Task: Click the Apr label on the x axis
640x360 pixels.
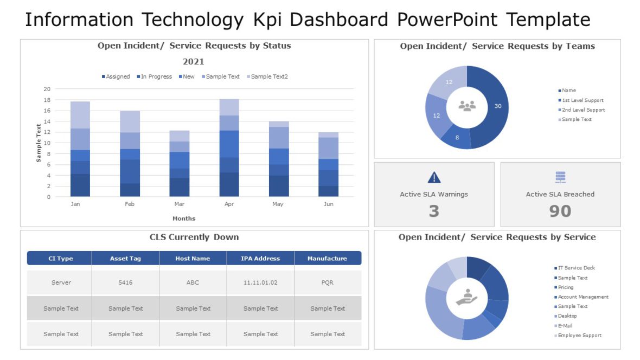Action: click(x=229, y=204)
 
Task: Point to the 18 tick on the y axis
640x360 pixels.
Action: click(x=47, y=100)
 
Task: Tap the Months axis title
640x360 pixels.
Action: click(x=184, y=218)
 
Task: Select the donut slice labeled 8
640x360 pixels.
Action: click(x=457, y=138)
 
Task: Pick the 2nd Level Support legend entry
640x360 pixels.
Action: click(x=581, y=110)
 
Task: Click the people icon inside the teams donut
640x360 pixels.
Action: click(x=467, y=106)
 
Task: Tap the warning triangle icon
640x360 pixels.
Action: click(x=434, y=177)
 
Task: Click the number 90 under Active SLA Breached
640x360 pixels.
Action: click(x=560, y=211)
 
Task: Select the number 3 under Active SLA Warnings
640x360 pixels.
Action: click(x=434, y=211)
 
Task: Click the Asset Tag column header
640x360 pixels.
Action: click(x=125, y=259)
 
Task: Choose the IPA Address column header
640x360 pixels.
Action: click(x=260, y=259)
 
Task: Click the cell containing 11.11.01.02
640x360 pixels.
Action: click(x=260, y=282)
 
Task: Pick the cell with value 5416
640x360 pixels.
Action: click(x=125, y=282)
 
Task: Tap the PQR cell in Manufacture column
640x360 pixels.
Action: click(x=328, y=282)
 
